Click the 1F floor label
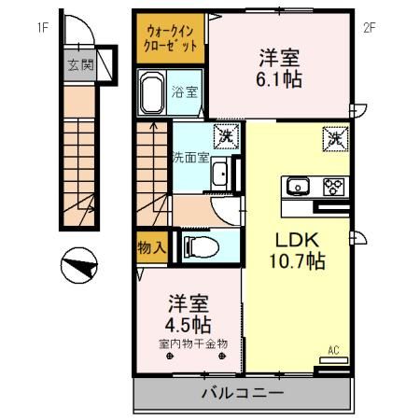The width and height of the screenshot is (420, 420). pos(42,27)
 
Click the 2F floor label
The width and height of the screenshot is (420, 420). pos(370,27)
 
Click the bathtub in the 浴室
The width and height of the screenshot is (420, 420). pos(151,92)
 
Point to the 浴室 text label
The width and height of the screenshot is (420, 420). pos(185,91)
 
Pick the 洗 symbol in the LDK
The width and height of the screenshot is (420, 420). pos(334,139)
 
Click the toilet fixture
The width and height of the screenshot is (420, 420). pos(200,247)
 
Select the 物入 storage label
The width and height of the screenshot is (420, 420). pos(151,248)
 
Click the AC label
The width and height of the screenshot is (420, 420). pos(331,351)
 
